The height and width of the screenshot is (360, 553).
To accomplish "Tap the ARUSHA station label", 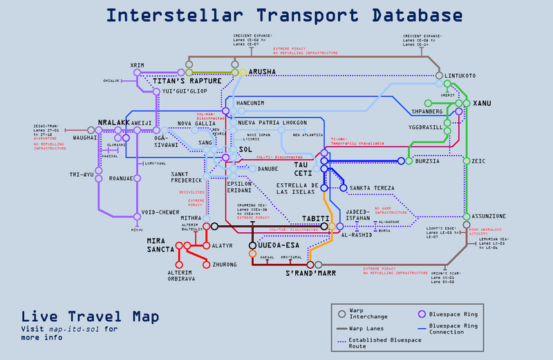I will pos(262,71).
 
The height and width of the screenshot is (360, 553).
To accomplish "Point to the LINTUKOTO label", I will pos(460,75).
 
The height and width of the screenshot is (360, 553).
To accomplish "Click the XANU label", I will pos(482,103).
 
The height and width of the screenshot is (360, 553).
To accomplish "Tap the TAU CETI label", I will pos(304,169).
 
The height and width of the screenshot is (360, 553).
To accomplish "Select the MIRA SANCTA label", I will pos(161,245).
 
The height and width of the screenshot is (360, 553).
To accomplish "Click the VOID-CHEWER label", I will pos(161,212).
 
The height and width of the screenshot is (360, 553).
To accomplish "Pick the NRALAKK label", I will pos(114,122).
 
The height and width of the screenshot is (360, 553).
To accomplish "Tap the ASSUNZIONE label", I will pos(489,216).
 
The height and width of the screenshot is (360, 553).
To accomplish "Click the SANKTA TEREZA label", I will pos(372,188).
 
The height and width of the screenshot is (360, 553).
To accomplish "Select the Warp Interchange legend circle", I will pos(341,314).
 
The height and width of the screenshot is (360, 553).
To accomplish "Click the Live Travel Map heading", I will pos(91,316).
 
